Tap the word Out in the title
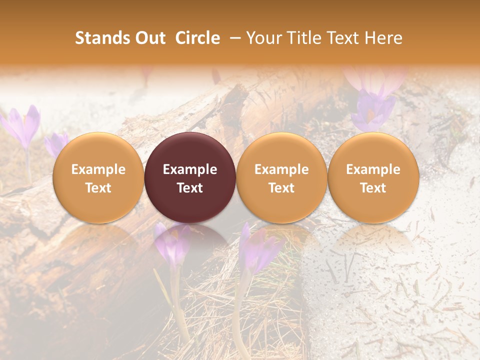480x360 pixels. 149,38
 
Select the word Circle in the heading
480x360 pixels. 197,38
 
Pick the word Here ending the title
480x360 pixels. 383,38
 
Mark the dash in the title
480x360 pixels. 233,38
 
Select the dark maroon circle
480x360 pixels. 190,177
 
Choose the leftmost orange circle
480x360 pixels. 98,177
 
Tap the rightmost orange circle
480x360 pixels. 373,177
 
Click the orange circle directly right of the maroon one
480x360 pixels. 281,177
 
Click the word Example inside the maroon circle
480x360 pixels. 190,169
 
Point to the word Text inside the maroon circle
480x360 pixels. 190,188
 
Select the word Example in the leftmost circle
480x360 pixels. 98,169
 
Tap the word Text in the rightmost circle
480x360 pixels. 373,188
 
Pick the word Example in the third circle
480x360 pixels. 281,169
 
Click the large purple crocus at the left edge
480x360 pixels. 22,125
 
